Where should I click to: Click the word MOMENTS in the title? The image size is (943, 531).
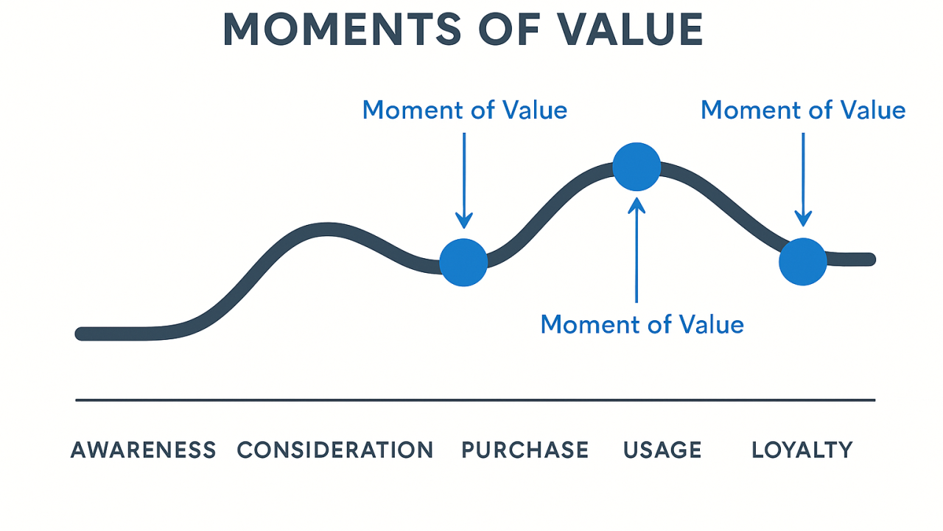[342, 29]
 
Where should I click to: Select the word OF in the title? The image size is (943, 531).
[509, 29]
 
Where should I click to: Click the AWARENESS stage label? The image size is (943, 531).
[143, 450]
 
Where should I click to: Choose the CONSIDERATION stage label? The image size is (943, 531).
[335, 450]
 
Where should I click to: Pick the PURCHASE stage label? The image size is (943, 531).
[525, 450]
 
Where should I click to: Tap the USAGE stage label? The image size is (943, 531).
[662, 450]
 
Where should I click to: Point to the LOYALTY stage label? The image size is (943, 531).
[802, 450]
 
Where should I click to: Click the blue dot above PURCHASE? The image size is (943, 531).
[463, 263]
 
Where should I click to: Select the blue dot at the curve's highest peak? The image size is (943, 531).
[637, 167]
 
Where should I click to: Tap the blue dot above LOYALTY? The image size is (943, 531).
[803, 262]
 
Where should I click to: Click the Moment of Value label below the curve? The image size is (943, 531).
[642, 324]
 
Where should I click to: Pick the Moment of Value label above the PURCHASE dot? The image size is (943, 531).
[465, 110]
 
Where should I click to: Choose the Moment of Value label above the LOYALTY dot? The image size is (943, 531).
[803, 110]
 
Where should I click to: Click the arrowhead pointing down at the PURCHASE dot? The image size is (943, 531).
[464, 221]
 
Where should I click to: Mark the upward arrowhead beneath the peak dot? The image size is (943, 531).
[637, 205]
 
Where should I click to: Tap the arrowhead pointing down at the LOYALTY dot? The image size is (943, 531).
[803, 219]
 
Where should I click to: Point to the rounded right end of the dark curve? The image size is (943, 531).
[869, 260]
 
